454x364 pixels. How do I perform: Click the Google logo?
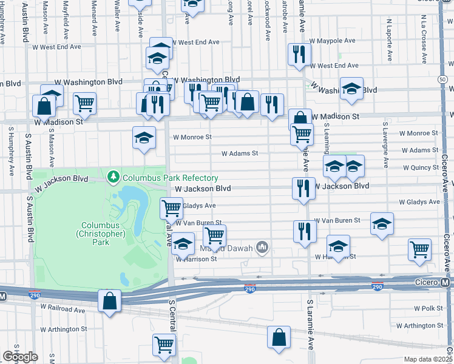click(x=20, y=357)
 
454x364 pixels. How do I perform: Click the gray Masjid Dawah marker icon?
click(x=262, y=246)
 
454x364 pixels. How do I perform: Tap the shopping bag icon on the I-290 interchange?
click(x=109, y=300)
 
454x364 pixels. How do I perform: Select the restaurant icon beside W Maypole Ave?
click(x=298, y=53)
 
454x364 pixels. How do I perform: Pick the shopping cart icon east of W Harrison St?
click(x=419, y=249)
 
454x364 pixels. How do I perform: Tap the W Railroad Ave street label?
click(x=64, y=310)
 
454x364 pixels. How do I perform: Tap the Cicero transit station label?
click(x=435, y=282)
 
